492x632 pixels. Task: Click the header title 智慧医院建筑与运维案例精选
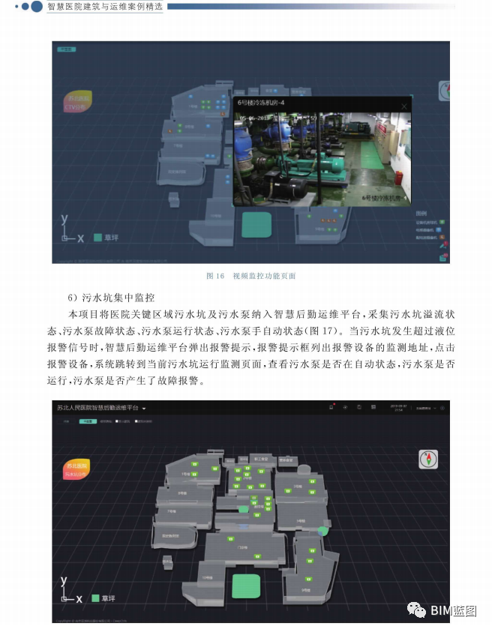coord(104,7)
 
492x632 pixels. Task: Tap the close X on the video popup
coord(403,106)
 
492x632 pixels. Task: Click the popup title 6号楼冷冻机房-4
coord(262,101)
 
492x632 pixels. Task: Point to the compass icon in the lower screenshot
coord(429,459)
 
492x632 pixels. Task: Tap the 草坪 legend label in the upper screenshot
coord(111,238)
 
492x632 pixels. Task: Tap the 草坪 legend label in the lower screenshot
coord(109,598)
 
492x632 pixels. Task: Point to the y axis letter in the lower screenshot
coord(64,581)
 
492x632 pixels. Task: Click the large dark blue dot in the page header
coord(36,7)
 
